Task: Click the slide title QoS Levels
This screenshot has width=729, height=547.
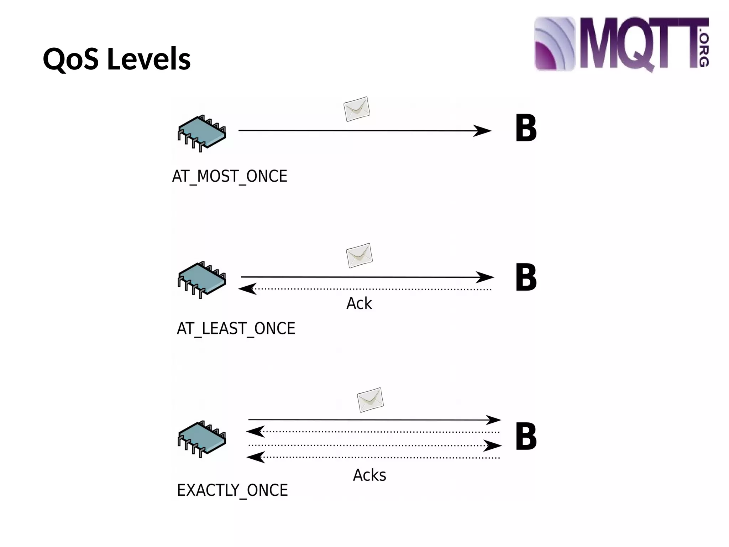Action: pyautogui.click(x=116, y=59)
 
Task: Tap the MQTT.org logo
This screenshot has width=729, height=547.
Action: pyautogui.click(x=621, y=43)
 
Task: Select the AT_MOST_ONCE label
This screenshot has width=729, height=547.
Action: pyautogui.click(x=230, y=176)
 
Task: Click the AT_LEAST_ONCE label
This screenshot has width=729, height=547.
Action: pyautogui.click(x=236, y=328)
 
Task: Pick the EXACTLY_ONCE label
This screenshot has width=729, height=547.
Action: pyautogui.click(x=232, y=490)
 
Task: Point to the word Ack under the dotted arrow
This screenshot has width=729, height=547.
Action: pyautogui.click(x=359, y=303)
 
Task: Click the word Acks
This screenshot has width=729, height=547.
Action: pyautogui.click(x=369, y=475)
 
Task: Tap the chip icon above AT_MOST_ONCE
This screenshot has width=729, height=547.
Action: pyautogui.click(x=201, y=133)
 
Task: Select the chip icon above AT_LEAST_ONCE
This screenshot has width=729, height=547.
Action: pyautogui.click(x=201, y=280)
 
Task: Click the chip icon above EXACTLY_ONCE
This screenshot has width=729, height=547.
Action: pyautogui.click(x=201, y=439)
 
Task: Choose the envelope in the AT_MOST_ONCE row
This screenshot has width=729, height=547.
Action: pyautogui.click(x=357, y=109)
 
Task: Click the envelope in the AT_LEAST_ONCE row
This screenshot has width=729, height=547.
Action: pyautogui.click(x=359, y=255)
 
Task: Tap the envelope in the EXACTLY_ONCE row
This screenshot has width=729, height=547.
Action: pyautogui.click(x=370, y=400)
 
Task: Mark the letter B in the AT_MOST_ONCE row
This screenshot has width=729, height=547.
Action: pyautogui.click(x=526, y=128)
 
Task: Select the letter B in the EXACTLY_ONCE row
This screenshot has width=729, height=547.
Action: pyautogui.click(x=526, y=436)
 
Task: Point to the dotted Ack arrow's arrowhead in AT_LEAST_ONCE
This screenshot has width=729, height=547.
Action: pyautogui.click(x=247, y=289)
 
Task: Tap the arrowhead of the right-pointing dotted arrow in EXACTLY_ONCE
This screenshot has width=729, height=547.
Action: pyautogui.click(x=493, y=446)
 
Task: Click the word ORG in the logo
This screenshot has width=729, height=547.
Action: pyautogui.click(x=703, y=50)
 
